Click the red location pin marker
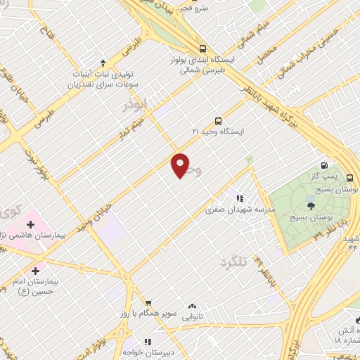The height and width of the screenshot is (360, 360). point(181,165)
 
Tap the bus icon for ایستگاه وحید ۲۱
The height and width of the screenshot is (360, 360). point(218,121)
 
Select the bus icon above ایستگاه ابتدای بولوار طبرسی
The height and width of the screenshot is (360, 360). point(202,49)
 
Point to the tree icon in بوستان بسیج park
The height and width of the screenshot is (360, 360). point(311,205)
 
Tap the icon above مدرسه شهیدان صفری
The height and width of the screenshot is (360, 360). point(239,198)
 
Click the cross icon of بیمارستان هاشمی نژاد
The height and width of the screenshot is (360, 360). point(30,224)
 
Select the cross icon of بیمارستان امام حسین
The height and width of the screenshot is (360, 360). point(36,270)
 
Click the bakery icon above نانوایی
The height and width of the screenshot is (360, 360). point(192,306)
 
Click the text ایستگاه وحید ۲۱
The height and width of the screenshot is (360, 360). point(218,132)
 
